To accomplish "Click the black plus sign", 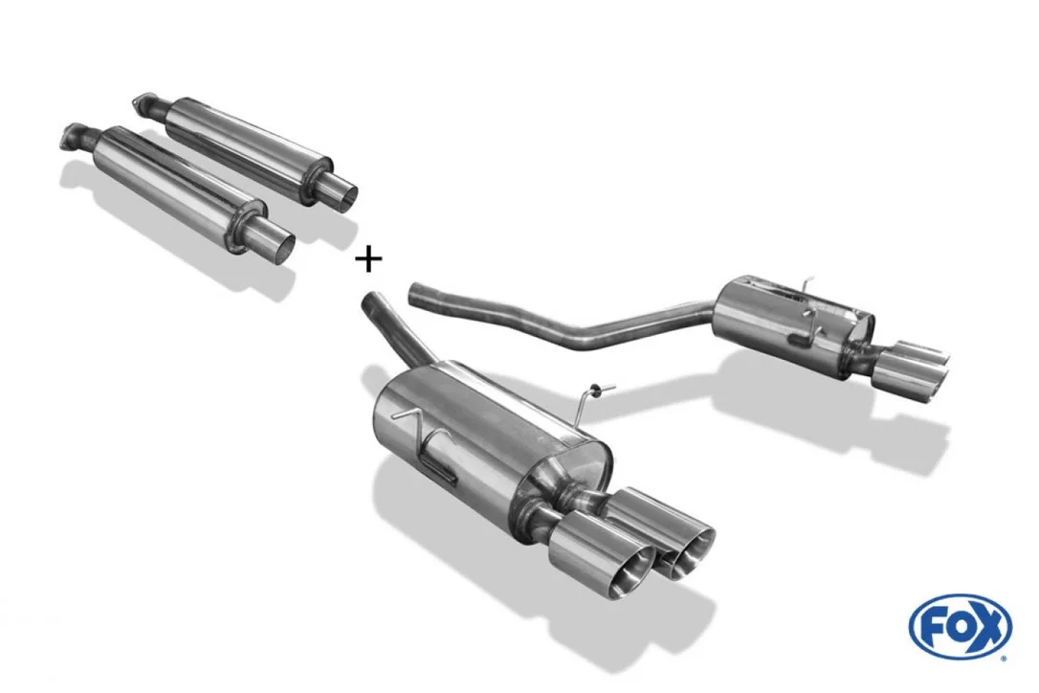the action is (x=368, y=258).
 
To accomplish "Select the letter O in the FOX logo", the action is (x=961, y=627).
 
